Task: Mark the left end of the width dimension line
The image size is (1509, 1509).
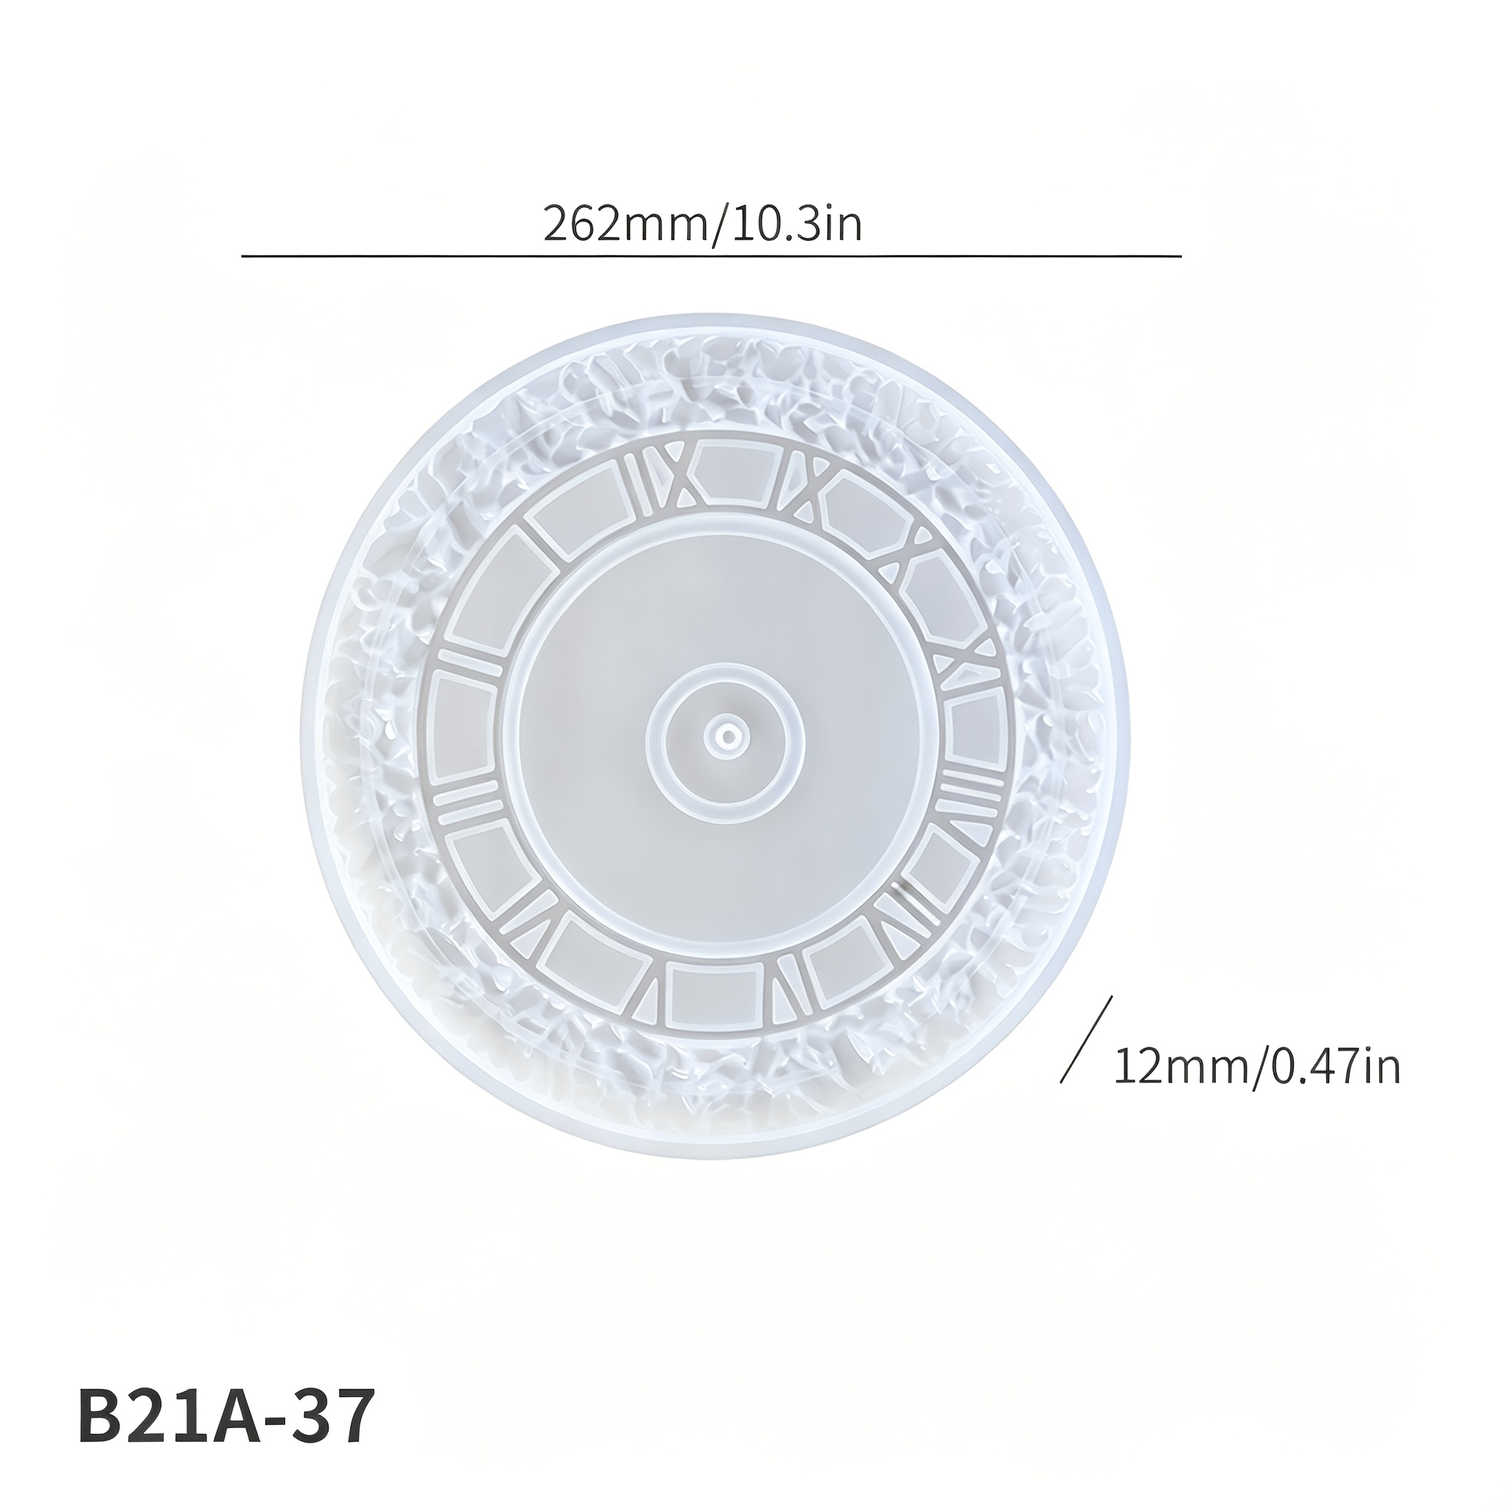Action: click(x=242, y=256)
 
